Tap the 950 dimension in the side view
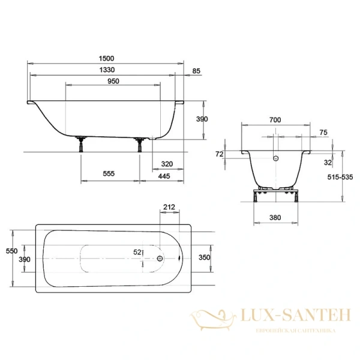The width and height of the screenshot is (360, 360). click(113, 82)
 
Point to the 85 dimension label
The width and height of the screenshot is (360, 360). click(196, 71)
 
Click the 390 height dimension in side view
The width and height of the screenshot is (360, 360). click(202, 119)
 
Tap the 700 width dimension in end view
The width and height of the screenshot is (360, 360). click(275, 120)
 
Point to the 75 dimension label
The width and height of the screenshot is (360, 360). click(323, 133)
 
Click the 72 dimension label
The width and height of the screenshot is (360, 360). click(220, 154)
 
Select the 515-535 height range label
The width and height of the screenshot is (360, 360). click(343, 178)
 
